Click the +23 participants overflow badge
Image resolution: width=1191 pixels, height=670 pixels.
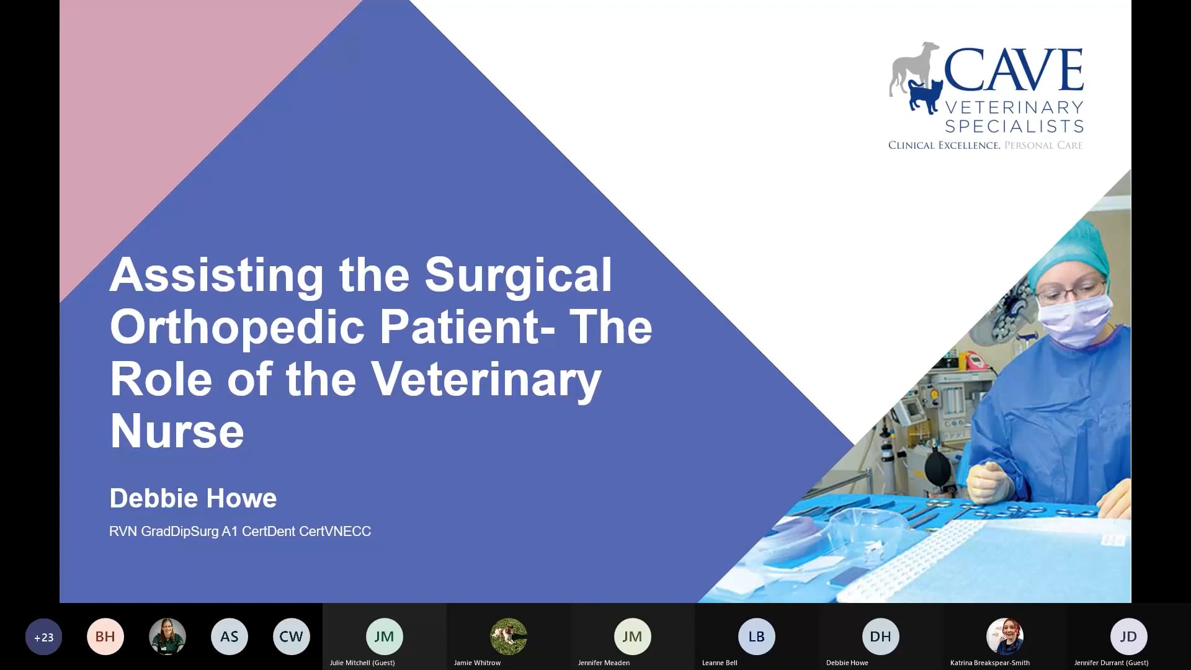pyautogui.click(x=43, y=636)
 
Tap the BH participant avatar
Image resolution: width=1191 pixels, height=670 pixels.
pyautogui.click(x=105, y=636)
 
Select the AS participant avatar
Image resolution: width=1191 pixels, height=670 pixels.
pyautogui.click(x=230, y=636)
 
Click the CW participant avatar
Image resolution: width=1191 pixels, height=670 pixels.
pyautogui.click(x=291, y=636)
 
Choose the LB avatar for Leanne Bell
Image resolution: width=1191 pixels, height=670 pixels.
pyautogui.click(x=756, y=636)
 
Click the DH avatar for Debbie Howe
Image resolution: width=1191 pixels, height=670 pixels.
pyautogui.click(x=880, y=636)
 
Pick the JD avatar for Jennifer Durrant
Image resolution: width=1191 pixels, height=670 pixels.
pyautogui.click(x=1128, y=636)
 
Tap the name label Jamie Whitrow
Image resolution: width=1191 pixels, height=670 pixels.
pyautogui.click(x=477, y=663)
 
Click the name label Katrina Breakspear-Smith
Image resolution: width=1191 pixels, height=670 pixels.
pyautogui.click(x=989, y=663)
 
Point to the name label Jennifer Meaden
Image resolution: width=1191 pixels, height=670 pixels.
pyautogui.click(x=604, y=663)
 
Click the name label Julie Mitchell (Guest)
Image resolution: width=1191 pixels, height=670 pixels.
pyautogui.click(x=362, y=663)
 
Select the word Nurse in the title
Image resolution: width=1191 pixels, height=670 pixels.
pyautogui.click(x=177, y=431)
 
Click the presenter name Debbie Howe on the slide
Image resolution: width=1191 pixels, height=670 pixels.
pyautogui.click(x=193, y=498)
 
